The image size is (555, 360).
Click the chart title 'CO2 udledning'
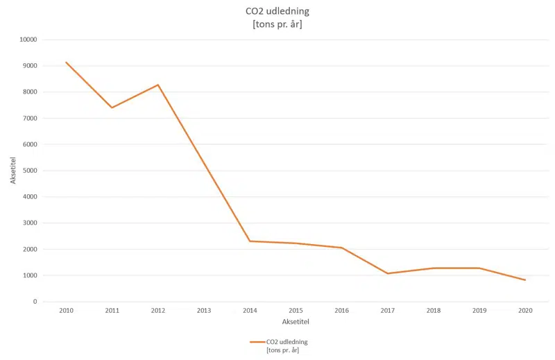point(277,12)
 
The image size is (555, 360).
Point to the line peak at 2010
point(67,62)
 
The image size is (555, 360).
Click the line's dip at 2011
point(112,108)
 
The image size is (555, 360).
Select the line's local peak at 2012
point(158,85)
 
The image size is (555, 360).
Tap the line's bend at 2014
point(250,241)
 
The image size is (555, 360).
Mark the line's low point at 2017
point(387,273)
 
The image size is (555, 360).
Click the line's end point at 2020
point(525,280)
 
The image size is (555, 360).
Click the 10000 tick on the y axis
point(27,40)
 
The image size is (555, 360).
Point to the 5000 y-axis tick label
point(28,171)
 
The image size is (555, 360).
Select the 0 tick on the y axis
point(34,302)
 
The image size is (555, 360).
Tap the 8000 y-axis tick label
point(28,92)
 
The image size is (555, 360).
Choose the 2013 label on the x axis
point(204,311)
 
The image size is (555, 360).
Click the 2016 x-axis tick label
point(341,311)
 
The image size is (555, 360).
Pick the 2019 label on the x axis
point(479,311)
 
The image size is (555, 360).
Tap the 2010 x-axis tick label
point(67,311)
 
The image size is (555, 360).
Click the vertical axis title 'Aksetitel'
point(13,171)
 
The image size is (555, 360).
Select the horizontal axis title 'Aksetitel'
point(296,323)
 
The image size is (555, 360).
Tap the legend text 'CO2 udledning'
point(287,342)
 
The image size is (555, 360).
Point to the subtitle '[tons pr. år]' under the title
point(277,25)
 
